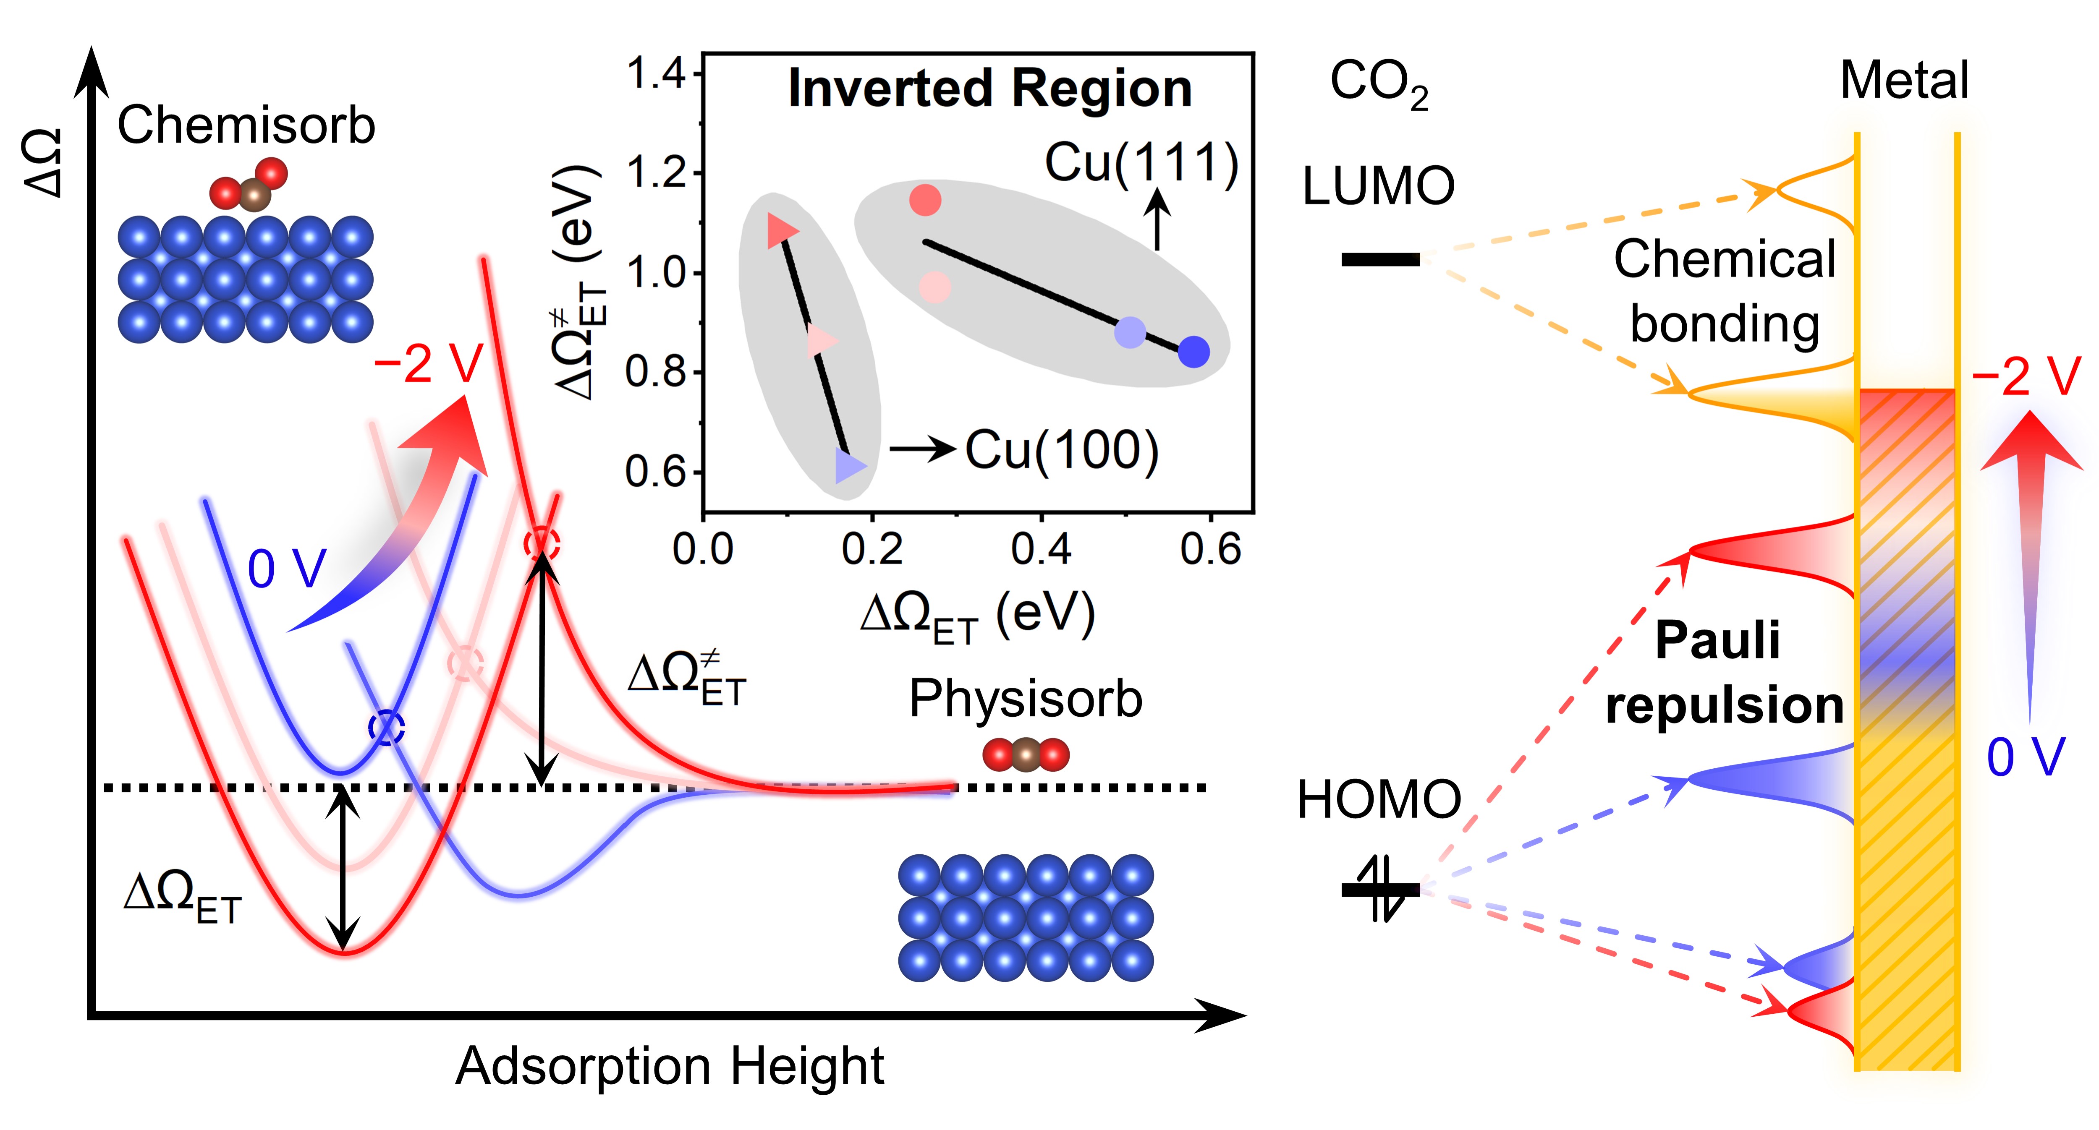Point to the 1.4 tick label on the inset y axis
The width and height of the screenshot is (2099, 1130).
coord(656,74)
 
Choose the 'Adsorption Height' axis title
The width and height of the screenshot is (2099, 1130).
coord(669,1066)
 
